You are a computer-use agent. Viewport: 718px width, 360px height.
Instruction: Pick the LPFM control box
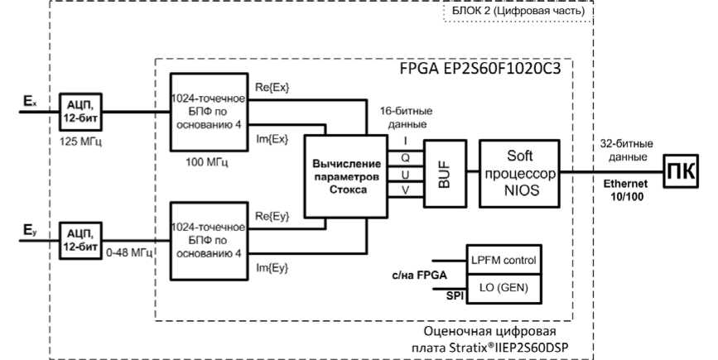pyautogui.click(x=504, y=260)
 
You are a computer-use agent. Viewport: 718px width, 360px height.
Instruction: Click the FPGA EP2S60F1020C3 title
pyautogui.click(x=475, y=69)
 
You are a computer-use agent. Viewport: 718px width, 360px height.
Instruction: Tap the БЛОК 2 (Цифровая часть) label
pyautogui.click(x=517, y=12)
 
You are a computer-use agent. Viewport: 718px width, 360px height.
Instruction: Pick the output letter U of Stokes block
pyautogui.click(x=406, y=175)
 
